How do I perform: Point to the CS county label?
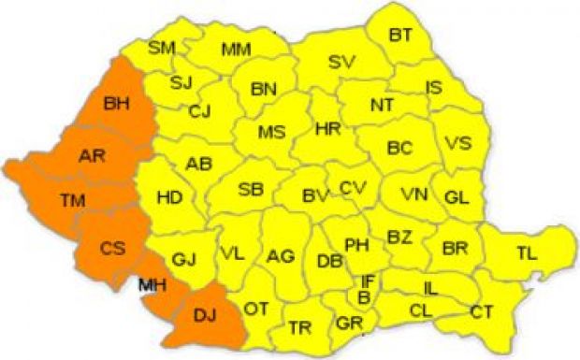[x=112, y=249]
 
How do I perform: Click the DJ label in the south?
[x=203, y=317]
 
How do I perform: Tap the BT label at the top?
[x=400, y=35]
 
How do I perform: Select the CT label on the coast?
[x=482, y=310]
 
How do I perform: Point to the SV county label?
[x=341, y=63]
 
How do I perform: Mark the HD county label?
[x=169, y=197]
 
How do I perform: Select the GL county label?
[x=456, y=198]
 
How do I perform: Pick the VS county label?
[x=457, y=143]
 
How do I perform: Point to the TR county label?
[x=300, y=327]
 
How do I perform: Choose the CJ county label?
[x=200, y=111]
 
